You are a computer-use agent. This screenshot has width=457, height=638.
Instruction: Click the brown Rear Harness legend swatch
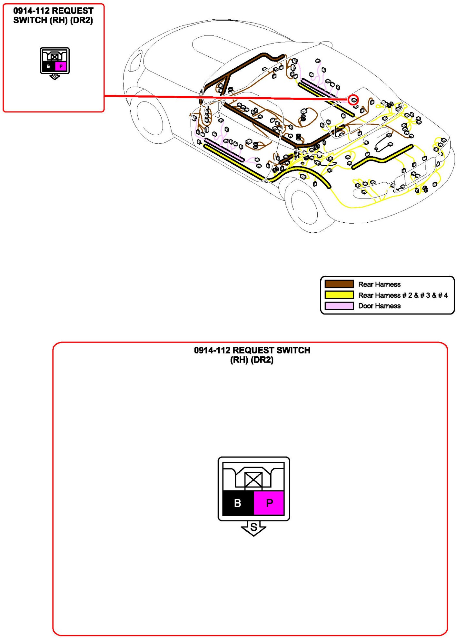coord(339,284)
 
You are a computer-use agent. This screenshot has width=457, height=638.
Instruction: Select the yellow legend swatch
coord(339,295)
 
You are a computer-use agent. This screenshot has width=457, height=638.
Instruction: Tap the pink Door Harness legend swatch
coord(339,306)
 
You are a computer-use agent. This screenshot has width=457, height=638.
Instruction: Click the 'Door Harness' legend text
coord(379,306)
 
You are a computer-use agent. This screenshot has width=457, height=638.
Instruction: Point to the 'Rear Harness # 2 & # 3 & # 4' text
coord(403,295)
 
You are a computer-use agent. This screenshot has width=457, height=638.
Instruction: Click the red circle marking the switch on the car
coord(353,100)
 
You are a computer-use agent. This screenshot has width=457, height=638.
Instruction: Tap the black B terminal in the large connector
coord(238,503)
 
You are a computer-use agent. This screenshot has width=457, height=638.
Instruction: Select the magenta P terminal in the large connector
coord(269,503)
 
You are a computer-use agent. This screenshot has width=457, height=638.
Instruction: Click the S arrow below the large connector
coord(253,528)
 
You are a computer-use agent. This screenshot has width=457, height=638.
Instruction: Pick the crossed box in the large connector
coord(253,480)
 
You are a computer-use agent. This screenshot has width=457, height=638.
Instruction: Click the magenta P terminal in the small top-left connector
coord(61,67)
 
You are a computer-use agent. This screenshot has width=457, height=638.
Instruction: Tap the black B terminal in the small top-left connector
coord(48,67)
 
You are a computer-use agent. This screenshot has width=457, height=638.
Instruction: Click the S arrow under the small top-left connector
coord(55,76)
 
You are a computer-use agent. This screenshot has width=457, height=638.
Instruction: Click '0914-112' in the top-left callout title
coord(31,11)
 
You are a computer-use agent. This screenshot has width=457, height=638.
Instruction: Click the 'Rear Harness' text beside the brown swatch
coord(379,284)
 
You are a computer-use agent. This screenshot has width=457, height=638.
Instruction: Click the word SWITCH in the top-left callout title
coord(30,20)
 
